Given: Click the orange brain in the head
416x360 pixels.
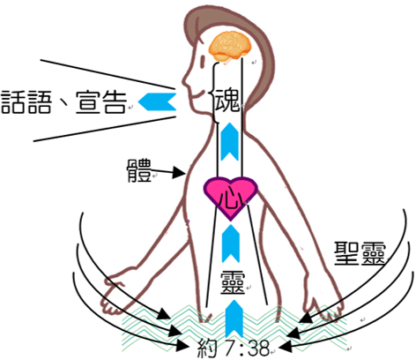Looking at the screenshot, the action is pyautogui.click(x=230, y=47).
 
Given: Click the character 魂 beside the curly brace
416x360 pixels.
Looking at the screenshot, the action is pyautogui.click(x=227, y=101).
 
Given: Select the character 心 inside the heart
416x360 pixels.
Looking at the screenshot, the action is pyautogui.click(x=231, y=199).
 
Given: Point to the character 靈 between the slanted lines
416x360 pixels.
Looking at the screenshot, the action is pyautogui.click(x=233, y=282).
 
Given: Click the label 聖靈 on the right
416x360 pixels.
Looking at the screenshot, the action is pyautogui.click(x=360, y=253).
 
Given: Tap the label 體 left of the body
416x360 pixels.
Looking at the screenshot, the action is pyautogui.click(x=139, y=170).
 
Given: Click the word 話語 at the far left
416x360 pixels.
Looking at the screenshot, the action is pyautogui.click(x=26, y=102).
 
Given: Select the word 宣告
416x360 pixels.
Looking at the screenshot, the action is pyautogui.click(x=101, y=102).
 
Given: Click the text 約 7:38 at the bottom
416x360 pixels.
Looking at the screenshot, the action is pyautogui.click(x=234, y=348).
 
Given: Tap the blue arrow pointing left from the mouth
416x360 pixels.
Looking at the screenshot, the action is pyautogui.click(x=157, y=101).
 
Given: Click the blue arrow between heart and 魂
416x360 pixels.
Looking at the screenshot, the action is pyautogui.click(x=229, y=142).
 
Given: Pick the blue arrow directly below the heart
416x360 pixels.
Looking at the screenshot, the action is pyautogui.click(x=231, y=244).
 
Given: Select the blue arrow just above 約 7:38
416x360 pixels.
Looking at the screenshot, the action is pyautogui.click(x=234, y=319).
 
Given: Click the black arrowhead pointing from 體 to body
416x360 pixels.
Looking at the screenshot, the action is pyautogui.click(x=178, y=172).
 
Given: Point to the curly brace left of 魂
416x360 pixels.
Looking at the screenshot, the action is pyautogui.click(x=214, y=93).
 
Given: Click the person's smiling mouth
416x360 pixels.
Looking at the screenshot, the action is pyautogui.click(x=197, y=94).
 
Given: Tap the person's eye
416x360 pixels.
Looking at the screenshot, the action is pyautogui.click(x=203, y=61).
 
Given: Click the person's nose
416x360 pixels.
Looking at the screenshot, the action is pyautogui.click(x=186, y=80).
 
